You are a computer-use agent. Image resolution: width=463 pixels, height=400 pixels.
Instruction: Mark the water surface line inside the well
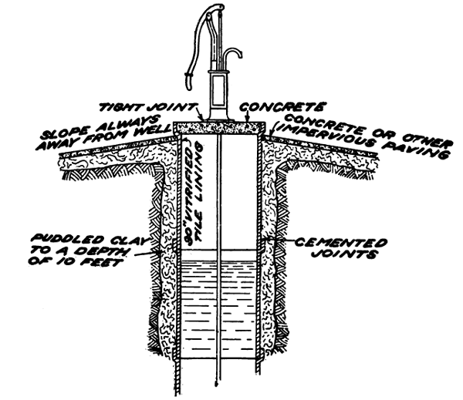point(220,260)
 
